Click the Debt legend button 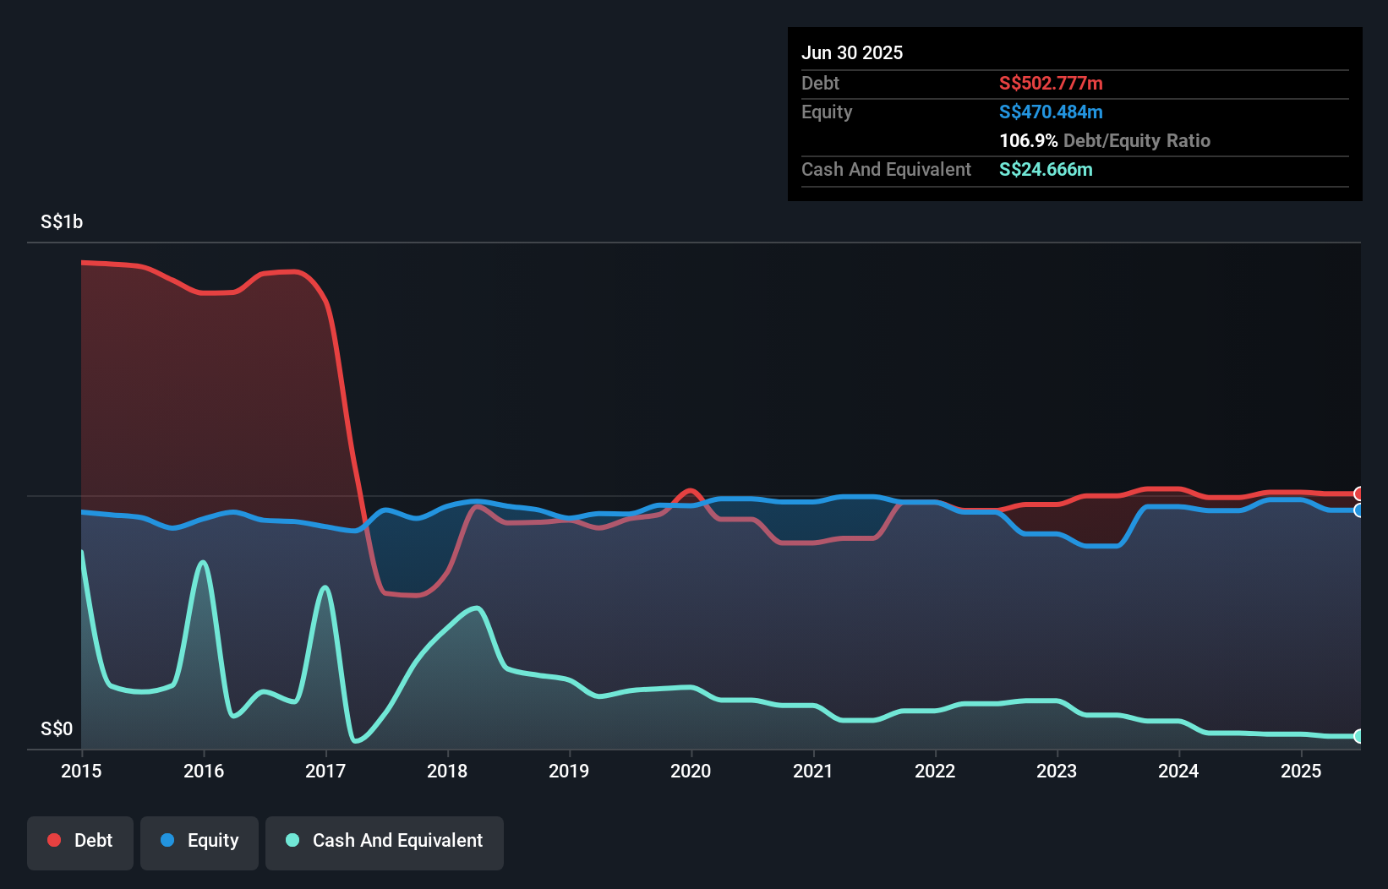click(x=80, y=841)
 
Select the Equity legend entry click(x=199, y=841)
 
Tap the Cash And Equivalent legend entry click(x=385, y=841)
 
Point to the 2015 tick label click(x=81, y=771)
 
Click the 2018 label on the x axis click(x=447, y=771)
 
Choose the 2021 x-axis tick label click(x=813, y=771)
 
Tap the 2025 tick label click(x=1301, y=771)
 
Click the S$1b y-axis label click(x=62, y=221)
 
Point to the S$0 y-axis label click(x=57, y=728)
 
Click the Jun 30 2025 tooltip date click(x=852, y=52)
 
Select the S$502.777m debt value click(x=1051, y=83)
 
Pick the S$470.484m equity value click(x=1051, y=112)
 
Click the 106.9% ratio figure click(x=1028, y=140)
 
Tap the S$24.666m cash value click(x=1046, y=169)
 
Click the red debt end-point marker click(x=1358, y=494)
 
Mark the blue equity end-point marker click(x=1358, y=510)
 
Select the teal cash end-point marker click(x=1358, y=736)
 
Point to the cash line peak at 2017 click(x=325, y=587)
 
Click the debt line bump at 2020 click(x=691, y=490)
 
